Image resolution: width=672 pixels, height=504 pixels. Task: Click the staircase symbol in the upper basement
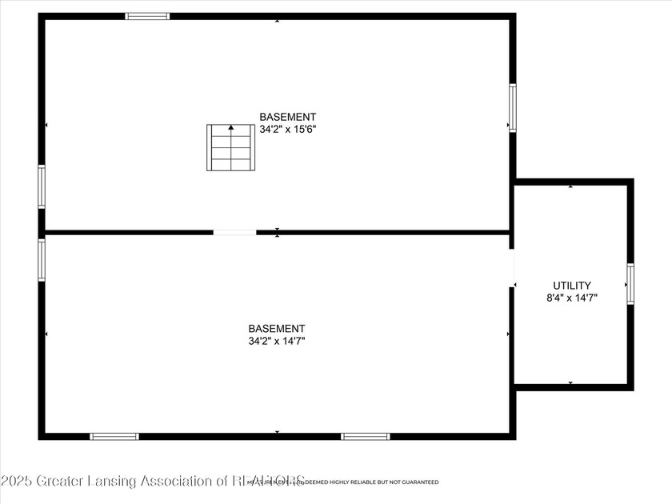231,147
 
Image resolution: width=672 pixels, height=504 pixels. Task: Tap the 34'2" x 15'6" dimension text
288,129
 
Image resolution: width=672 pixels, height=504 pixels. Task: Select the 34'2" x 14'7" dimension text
277,341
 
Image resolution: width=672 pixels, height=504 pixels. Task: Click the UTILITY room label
572,286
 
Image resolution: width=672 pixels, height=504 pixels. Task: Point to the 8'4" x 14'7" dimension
571,298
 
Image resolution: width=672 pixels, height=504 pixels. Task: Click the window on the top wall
148,16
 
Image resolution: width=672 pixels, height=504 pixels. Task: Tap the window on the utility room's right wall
630,284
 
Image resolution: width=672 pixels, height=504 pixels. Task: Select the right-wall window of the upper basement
512,108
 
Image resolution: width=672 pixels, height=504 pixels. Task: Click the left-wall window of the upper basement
42,186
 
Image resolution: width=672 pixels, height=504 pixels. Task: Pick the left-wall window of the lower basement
42,260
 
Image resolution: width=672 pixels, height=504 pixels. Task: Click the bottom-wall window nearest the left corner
114,436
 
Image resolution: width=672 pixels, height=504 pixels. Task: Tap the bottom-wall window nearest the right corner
366,436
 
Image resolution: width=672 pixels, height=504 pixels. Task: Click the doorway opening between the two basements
234,233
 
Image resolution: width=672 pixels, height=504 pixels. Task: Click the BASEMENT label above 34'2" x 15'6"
288,117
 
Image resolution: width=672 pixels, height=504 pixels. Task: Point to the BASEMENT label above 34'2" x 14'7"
277,329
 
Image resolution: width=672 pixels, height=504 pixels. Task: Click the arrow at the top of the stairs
231,127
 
